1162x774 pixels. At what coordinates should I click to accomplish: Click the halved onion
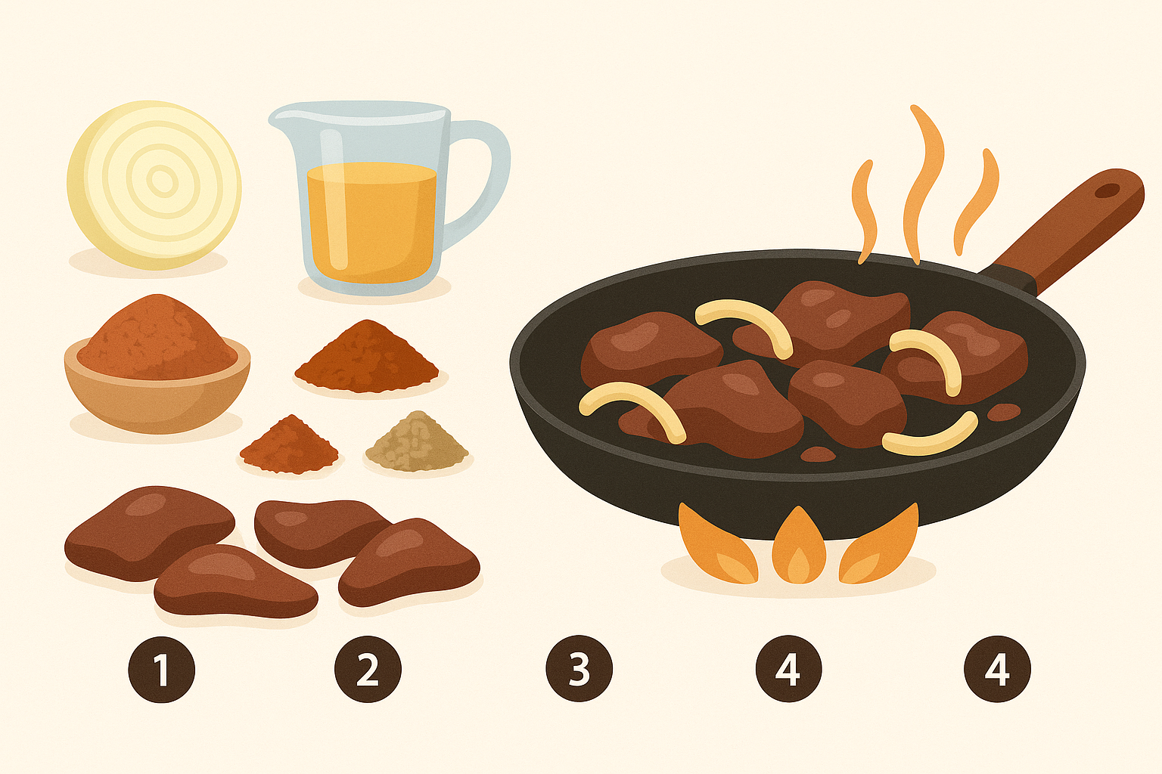coord(154,184)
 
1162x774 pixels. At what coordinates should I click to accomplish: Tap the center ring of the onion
coord(163,181)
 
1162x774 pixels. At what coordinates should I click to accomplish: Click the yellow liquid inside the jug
coord(371,223)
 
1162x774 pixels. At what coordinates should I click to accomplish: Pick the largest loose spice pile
coord(367,357)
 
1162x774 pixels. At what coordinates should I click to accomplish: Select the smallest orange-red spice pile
coord(289,444)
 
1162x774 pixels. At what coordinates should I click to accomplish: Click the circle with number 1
coord(162,669)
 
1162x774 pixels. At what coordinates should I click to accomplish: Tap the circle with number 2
coord(368,669)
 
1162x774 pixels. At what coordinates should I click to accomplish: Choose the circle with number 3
coord(579,669)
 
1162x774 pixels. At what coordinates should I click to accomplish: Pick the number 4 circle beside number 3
coord(789,669)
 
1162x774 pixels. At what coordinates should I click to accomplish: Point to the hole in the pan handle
coord(1107,190)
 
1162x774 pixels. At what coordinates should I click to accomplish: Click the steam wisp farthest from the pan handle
coord(865,212)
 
